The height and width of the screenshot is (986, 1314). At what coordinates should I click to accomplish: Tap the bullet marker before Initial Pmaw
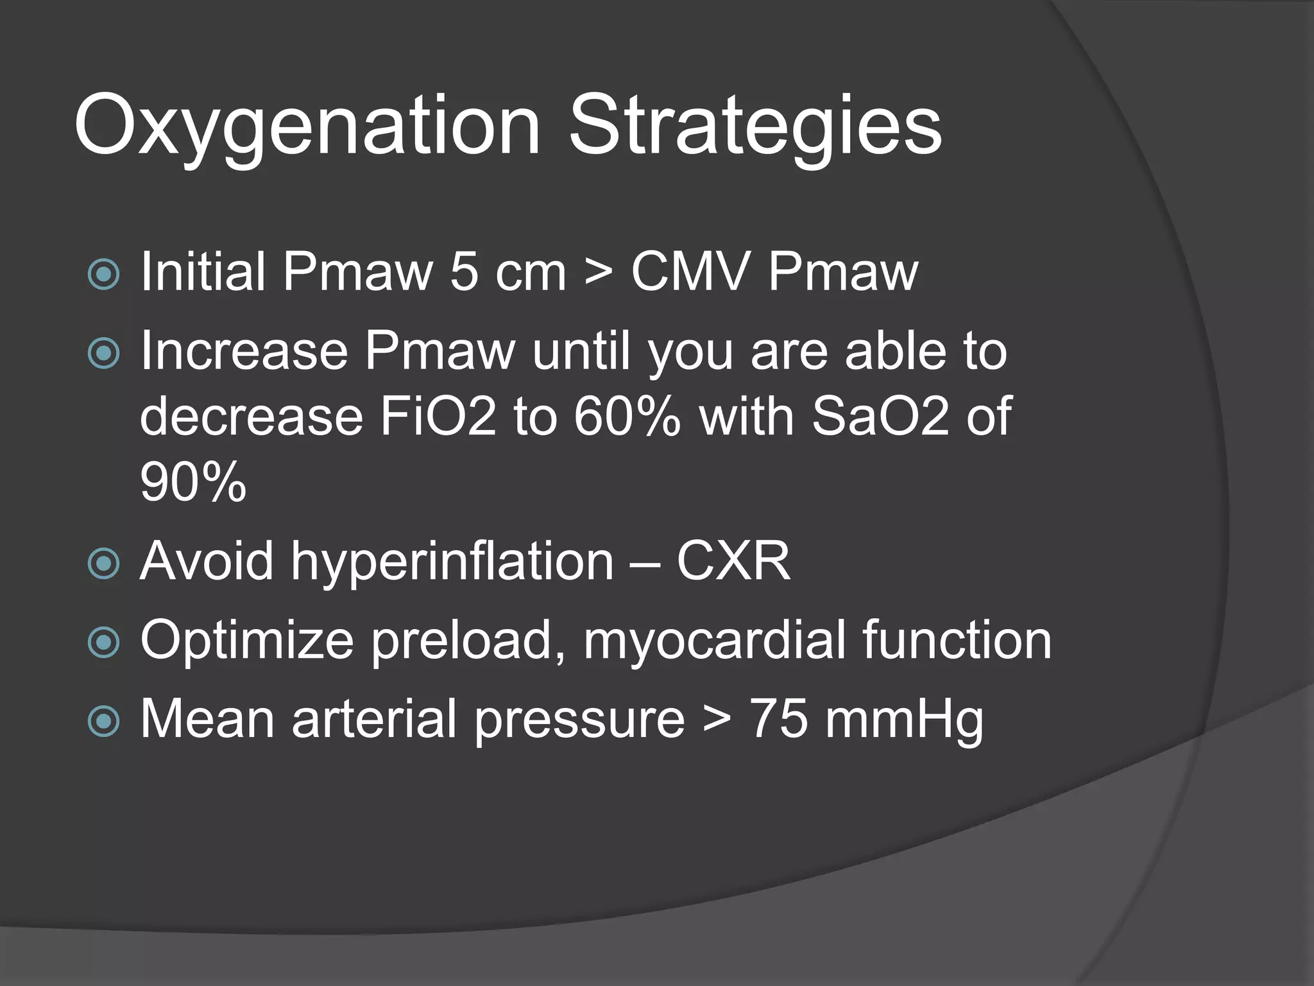coord(103,274)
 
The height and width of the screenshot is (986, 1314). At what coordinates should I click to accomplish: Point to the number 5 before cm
coord(463,272)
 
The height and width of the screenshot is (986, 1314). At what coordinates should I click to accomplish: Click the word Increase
coord(244,351)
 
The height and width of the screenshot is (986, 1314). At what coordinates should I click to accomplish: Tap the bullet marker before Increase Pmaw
coord(103,353)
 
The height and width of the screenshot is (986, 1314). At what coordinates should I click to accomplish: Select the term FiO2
coord(438,417)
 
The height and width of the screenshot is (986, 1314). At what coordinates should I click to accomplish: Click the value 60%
coord(627,417)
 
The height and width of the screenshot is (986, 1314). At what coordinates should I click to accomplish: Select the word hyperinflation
coord(452,562)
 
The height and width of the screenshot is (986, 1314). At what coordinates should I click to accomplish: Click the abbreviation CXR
coord(733,562)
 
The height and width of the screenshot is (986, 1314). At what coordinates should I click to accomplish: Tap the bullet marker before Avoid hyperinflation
coord(103,564)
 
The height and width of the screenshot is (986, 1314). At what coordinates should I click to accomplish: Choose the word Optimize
coord(247,640)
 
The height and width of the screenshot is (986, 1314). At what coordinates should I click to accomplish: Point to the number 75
coord(778,719)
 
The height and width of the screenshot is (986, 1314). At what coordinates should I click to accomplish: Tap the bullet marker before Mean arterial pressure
coord(103,721)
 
